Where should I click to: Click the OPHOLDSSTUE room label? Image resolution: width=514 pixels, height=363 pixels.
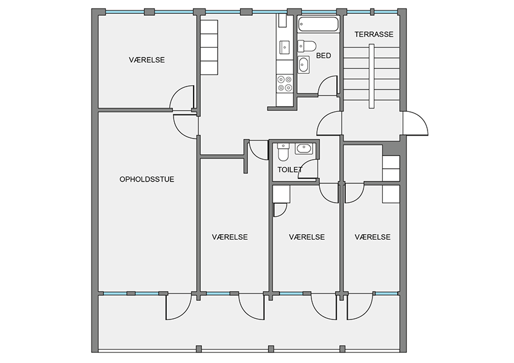[146, 179]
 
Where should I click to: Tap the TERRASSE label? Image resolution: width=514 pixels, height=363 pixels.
[374, 34]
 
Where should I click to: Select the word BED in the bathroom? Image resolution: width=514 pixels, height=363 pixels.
[324, 56]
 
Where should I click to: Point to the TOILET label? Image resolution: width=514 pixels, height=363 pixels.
[290, 169]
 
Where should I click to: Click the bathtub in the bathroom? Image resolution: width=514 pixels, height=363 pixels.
[318, 25]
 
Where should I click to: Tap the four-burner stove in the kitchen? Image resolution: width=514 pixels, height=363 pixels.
[285, 83]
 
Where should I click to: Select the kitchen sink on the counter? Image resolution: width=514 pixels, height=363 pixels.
[284, 48]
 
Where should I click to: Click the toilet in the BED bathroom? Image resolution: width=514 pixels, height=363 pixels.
[307, 46]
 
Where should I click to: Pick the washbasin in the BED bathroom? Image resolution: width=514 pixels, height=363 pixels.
[303, 65]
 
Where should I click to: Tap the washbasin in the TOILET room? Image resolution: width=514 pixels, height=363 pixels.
[303, 149]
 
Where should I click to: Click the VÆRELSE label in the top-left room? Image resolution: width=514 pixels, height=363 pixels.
[146, 60]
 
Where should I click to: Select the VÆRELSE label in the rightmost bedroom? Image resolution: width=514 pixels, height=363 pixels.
[372, 237]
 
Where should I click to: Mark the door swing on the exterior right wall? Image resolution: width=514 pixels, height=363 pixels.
[415, 123]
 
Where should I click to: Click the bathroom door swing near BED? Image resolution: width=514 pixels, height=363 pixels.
[328, 86]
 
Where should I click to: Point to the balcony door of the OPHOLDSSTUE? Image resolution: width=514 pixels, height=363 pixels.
[178, 307]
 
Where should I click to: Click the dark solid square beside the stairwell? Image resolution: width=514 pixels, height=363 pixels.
[392, 149]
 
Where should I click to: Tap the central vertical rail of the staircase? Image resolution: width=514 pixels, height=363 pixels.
[371, 76]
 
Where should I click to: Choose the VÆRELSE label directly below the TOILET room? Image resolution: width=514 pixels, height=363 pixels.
[307, 237]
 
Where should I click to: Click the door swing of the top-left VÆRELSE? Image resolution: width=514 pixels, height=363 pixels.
[182, 97]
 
